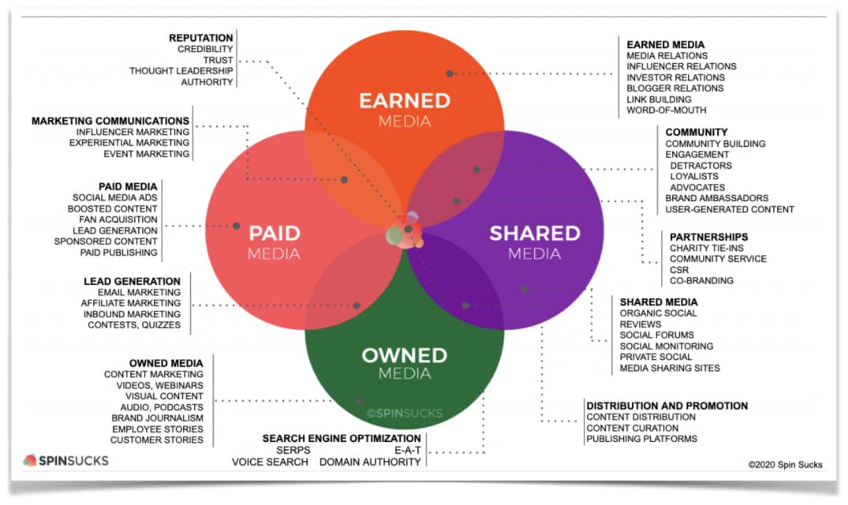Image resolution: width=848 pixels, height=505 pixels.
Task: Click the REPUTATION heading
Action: coord(200,38)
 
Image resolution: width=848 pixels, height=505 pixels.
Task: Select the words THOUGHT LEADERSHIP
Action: coord(181,71)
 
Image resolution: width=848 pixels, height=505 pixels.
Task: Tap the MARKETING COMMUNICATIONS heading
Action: coord(110,121)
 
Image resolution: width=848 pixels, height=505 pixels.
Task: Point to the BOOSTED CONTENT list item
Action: coord(113,208)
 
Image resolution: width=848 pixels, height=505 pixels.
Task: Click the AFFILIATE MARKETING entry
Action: coord(131,303)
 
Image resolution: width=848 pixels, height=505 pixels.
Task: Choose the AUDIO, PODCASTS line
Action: coord(162,407)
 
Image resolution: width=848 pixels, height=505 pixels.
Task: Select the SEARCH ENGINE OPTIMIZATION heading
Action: coord(342,439)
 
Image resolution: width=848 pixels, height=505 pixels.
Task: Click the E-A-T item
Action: coord(408,451)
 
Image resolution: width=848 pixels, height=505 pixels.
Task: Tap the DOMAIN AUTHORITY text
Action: coord(370,462)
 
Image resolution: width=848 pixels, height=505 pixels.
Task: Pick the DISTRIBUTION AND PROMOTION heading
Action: coord(667,406)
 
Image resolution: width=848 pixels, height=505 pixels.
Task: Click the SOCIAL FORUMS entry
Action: coord(656,335)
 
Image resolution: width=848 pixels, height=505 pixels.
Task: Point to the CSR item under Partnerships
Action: coord(679,270)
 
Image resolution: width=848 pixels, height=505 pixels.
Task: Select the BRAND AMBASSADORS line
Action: coord(716,198)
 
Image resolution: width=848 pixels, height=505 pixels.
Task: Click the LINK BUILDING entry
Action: coord(659,99)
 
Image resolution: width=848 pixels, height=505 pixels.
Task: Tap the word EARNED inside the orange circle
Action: coord(405,101)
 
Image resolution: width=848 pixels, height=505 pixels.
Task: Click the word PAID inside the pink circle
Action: coord(275,234)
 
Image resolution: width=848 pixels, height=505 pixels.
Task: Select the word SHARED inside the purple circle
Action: coord(535,234)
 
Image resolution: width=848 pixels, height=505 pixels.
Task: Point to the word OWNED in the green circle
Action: coord(405,356)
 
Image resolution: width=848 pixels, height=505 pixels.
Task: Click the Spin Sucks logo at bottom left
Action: coord(66,461)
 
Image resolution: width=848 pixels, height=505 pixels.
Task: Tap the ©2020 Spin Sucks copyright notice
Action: coord(785,465)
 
